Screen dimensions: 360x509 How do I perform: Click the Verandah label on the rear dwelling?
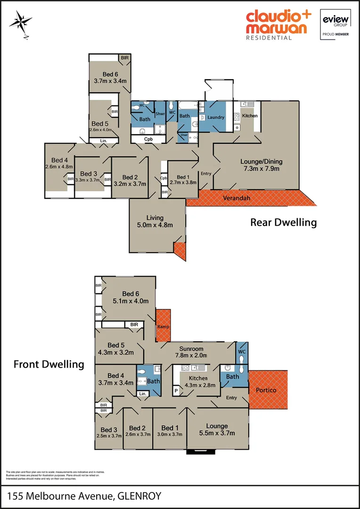237,198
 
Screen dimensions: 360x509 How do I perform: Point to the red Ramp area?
164,326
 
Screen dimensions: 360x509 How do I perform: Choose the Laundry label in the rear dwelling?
215,117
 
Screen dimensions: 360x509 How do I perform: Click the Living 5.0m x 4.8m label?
155,221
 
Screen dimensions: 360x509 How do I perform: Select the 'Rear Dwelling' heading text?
283,222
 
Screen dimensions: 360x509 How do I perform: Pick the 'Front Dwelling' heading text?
49,364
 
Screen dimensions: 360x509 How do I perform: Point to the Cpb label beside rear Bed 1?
164,178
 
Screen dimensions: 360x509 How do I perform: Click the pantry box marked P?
176,391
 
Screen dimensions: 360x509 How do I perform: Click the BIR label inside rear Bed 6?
124,57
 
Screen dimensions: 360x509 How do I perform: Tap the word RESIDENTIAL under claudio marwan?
269,38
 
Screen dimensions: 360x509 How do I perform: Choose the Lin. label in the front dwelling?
142,394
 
